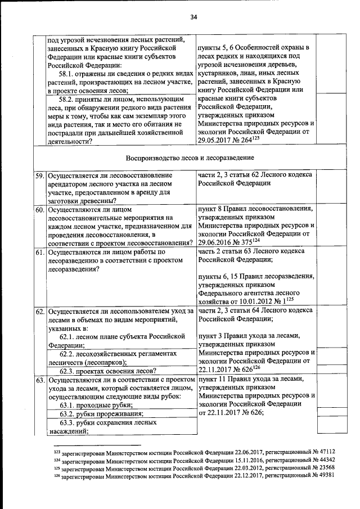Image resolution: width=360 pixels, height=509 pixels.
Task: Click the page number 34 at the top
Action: [x=193, y=17]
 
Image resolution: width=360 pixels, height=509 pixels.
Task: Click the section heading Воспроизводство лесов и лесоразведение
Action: [x=190, y=156]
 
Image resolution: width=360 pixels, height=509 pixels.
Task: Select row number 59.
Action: [x=40, y=175]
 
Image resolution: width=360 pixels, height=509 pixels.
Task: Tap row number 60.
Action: [x=40, y=210]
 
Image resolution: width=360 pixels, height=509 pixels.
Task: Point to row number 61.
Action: [x=40, y=252]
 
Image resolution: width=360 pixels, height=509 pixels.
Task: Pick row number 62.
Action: [x=40, y=311]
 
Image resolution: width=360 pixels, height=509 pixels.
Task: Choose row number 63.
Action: [x=40, y=381]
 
